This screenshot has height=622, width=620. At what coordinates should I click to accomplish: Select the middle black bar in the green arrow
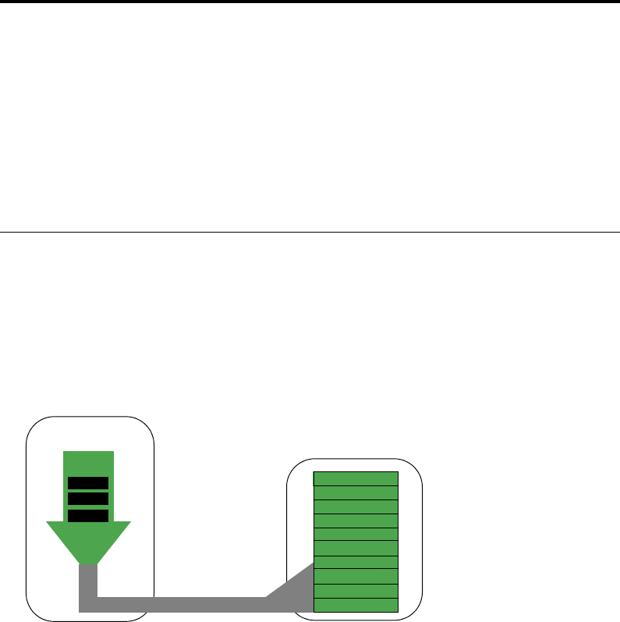[88, 499]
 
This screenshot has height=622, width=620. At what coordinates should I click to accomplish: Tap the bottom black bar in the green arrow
[88, 514]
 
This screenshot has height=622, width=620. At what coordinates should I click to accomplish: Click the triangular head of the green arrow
[88, 542]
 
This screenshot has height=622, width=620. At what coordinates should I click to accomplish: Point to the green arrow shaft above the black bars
[88, 462]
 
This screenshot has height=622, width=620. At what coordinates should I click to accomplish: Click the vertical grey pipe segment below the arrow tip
[88, 581]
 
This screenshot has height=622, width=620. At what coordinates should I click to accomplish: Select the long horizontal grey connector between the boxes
[179, 604]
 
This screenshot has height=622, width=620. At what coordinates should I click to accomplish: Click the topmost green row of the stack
[356, 478]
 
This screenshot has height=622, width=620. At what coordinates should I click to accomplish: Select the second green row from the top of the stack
[356, 492]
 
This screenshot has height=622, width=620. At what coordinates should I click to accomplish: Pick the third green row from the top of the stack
[356, 506]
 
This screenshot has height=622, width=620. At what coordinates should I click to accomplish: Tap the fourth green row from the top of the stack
[356, 521]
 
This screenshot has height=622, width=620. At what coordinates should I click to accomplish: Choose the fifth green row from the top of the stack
[356, 535]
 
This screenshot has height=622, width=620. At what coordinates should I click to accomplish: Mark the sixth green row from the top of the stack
[356, 549]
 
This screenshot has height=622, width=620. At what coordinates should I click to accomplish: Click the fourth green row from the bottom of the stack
[356, 563]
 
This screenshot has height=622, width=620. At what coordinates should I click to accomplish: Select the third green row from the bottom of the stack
[356, 577]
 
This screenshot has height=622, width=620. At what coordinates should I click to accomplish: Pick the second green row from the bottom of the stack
[356, 591]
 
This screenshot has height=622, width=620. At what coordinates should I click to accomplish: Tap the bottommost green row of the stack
[356, 605]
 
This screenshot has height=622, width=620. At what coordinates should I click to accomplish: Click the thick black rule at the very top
[310, 2]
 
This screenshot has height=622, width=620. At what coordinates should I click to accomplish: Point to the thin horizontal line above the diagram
[310, 231]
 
